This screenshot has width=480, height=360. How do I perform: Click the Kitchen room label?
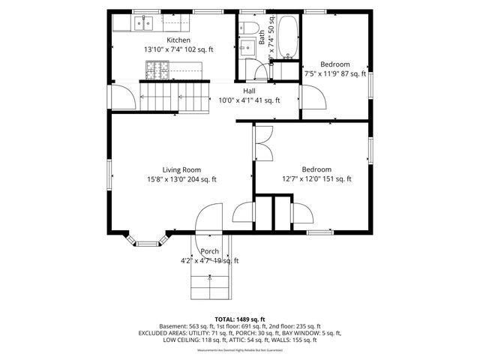(178, 40)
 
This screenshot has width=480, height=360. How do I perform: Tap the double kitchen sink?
(144, 24)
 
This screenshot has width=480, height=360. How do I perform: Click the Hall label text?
(248, 91)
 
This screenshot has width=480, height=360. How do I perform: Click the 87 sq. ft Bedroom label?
(334, 64)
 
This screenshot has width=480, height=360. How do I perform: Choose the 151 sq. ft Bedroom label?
(316, 169)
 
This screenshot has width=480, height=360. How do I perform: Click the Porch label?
(209, 251)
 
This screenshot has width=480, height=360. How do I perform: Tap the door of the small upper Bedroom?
(310, 96)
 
